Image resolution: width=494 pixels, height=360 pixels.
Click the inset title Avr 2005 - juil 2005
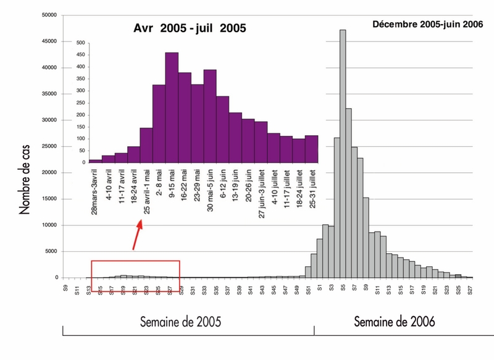click(190, 28)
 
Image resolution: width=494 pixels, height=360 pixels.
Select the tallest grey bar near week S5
click(343, 154)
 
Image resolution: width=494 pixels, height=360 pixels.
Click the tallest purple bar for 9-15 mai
click(172, 108)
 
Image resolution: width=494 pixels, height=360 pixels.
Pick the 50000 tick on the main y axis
click(48, 15)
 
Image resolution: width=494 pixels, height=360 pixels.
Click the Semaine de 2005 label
click(180, 322)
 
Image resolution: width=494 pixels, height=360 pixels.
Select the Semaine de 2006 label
click(395, 322)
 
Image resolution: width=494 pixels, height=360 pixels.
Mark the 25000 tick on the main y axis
click(48, 146)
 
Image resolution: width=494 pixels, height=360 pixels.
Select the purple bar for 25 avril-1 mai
click(146, 145)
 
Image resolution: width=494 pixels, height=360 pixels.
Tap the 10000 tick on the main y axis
click(48, 225)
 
